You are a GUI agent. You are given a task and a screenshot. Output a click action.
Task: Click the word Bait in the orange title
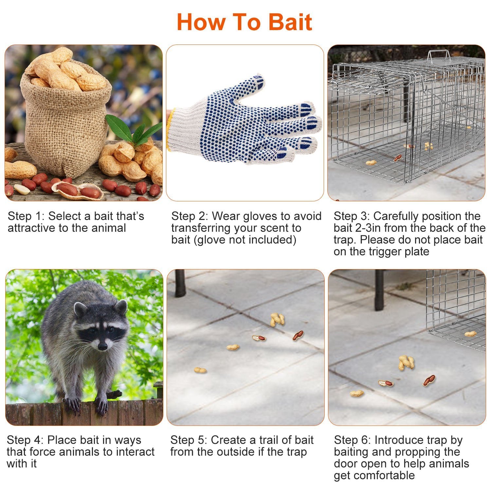[x=290, y=22]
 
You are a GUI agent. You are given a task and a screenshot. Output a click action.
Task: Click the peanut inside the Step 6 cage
[x=470, y=334]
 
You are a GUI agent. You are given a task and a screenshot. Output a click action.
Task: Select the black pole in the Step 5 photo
[x=180, y=283]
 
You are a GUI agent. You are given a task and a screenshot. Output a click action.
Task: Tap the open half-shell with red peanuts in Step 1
[x=79, y=190]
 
